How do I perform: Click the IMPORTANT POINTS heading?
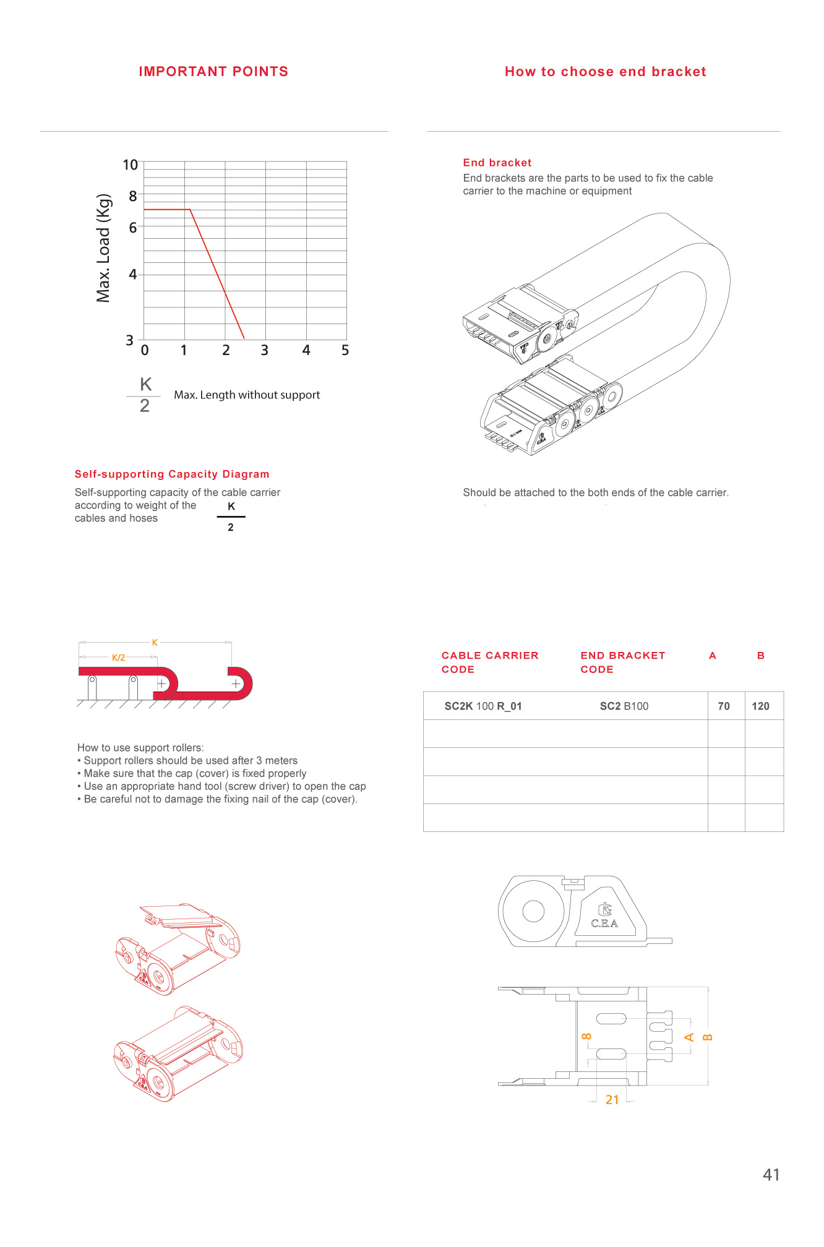[213, 72]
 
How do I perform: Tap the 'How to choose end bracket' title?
[605, 72]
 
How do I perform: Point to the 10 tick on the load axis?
[131, 165]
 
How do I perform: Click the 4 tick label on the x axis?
[306, 351]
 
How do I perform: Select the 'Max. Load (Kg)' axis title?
[103, 248]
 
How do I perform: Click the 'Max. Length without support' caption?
[247, 395]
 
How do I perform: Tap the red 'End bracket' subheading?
[497, 163]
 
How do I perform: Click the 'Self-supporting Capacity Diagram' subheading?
[172, 474]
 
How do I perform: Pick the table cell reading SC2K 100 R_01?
[483, 706]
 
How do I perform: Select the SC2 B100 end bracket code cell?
[624, 706]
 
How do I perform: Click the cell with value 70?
[724, 706]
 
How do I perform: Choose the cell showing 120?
[760, 706]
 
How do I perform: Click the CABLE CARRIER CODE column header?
[490, 662]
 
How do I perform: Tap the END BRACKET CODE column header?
[622, 662]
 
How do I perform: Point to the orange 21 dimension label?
[612, 1100]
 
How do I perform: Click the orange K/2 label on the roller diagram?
[118, 658]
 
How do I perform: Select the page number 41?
[771, 1175]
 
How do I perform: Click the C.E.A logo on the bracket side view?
[604, 918]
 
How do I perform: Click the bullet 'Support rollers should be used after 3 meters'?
[191, 761]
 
